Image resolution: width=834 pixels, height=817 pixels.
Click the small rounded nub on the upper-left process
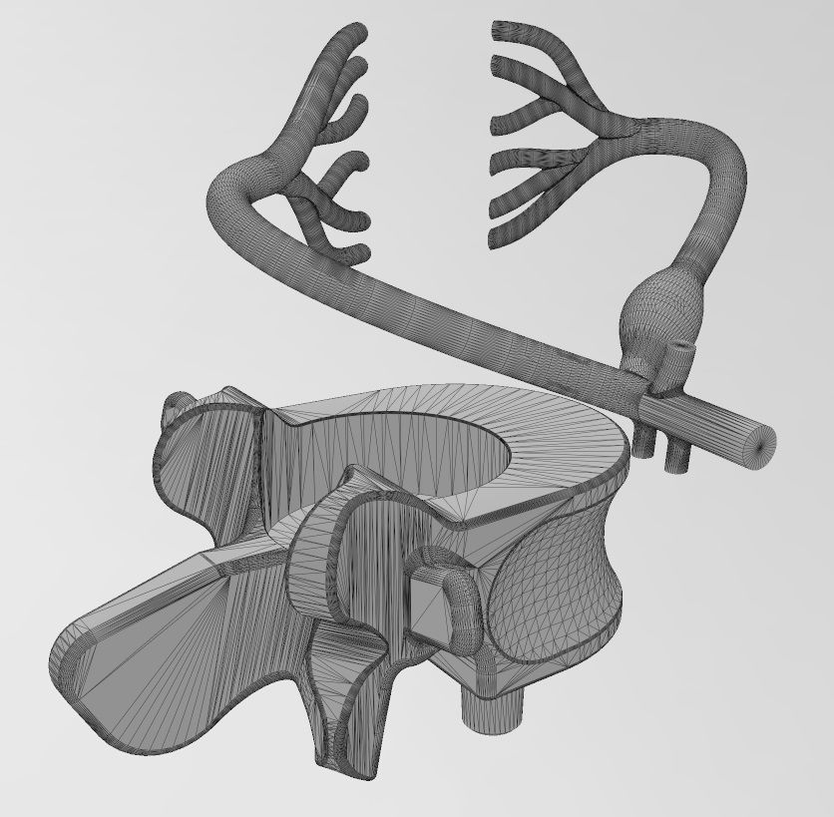(x=177, y=403)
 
